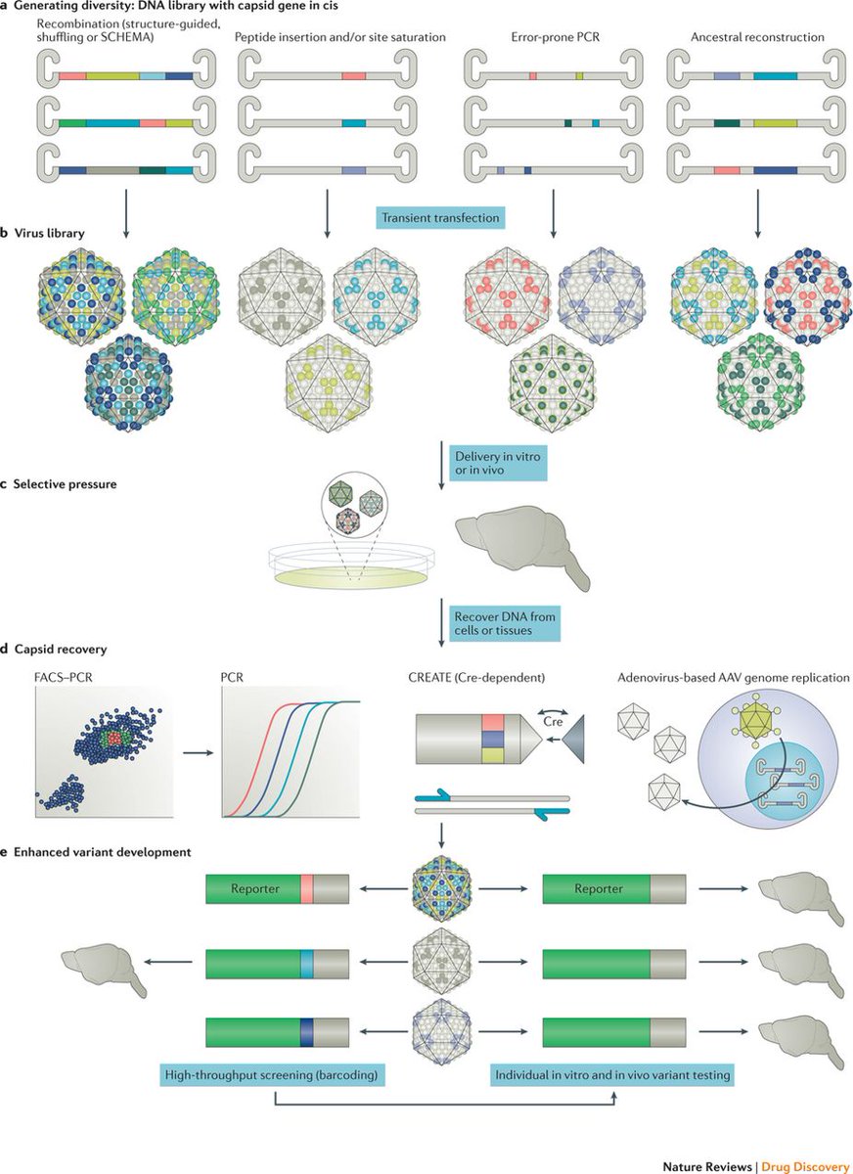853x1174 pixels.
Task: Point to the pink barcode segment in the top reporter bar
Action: (x=306, y=889)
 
